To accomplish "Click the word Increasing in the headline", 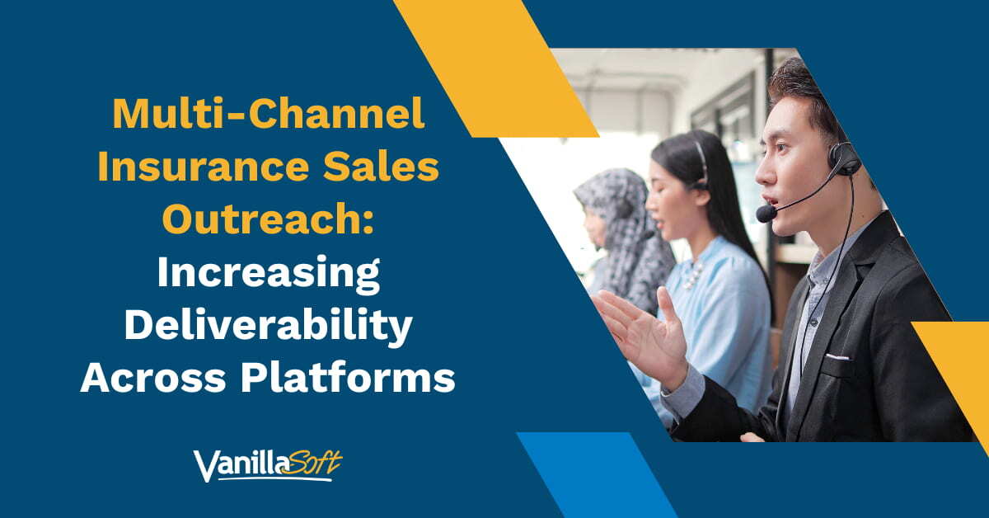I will pos(268,274).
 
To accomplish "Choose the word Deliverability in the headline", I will pos(268,327).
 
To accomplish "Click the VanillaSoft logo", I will pos(268,464).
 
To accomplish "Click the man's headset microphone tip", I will pos(766,214).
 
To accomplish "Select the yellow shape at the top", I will pos(494,66).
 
